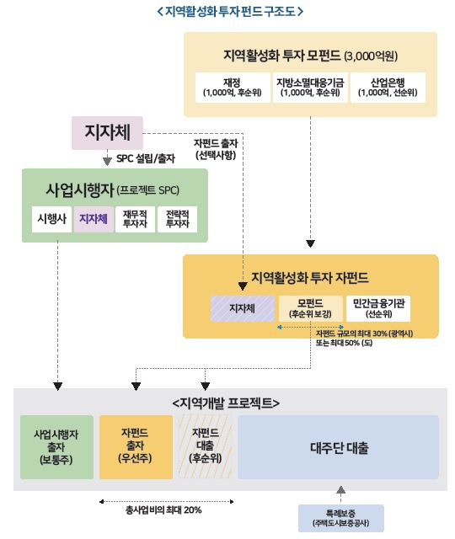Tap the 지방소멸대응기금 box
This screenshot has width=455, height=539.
308,87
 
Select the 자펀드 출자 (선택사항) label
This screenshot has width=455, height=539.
220,149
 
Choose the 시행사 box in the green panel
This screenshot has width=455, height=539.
50,219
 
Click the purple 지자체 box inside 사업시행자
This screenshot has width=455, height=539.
93,219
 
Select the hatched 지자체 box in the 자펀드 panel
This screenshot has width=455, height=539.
243,308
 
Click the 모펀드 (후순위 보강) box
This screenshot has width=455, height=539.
309,308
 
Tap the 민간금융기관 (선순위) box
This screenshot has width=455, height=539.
388,308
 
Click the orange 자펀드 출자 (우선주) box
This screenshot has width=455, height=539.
135,446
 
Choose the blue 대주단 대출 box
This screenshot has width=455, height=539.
339,446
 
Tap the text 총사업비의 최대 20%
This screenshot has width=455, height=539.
162,510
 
